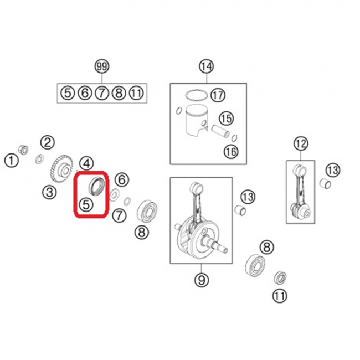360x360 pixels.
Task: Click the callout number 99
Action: click(102, 66)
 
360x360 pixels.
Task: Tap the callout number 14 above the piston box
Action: click(207, 66)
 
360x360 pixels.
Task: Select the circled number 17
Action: click(218, 95)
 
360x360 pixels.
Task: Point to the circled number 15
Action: click(227, 119)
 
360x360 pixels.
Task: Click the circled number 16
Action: click(231, 152)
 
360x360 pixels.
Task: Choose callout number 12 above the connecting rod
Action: click(301, 144)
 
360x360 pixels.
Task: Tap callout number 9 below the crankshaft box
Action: click(202, 280)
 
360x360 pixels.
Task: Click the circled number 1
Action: click(12, 160)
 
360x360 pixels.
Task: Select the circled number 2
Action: click(48, 142)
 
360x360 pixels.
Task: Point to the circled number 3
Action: click(50, 192)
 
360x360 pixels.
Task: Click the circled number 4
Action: click(86, 164)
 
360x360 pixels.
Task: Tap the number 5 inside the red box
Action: click(86, 204)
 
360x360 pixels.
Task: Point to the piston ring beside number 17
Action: click(197, 95)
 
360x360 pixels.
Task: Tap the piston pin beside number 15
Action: click(220, 131)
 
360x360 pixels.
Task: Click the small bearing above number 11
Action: click(280, 277)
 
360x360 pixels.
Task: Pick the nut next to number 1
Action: click(23, 150)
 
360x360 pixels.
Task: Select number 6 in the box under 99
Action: click(85, 93)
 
